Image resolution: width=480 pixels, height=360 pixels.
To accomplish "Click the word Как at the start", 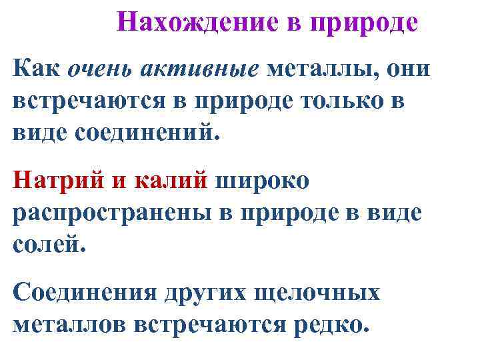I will pyautogui.click(x=35, y=68).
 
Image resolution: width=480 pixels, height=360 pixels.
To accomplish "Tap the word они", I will pyautogui.click(x=409, y=68).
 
